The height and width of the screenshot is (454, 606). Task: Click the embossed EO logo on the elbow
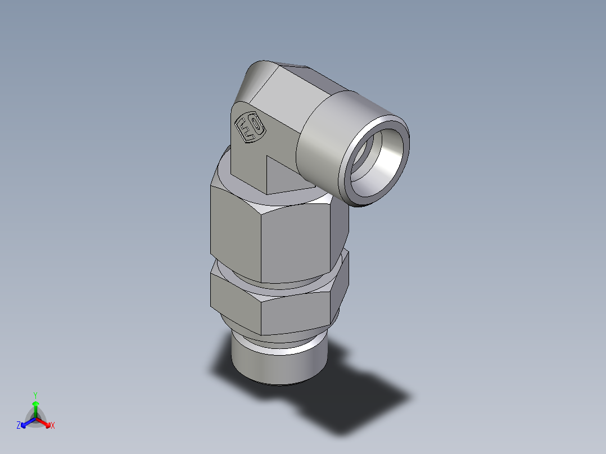pyautogui.click(x=249, y=129)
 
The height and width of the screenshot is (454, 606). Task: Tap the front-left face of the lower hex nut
pyautogui.click(x=235, y=294)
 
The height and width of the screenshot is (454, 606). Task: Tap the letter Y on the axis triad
pyautogui.click(x=35, y=395)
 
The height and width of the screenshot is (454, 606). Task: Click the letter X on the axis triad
pyautogui.click(x=53, y=426)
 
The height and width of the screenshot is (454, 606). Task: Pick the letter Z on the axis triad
pyautogui.click(x=19, y=426)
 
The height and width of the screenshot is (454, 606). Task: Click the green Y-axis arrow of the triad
pyautogui.click(x=35, y=407)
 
